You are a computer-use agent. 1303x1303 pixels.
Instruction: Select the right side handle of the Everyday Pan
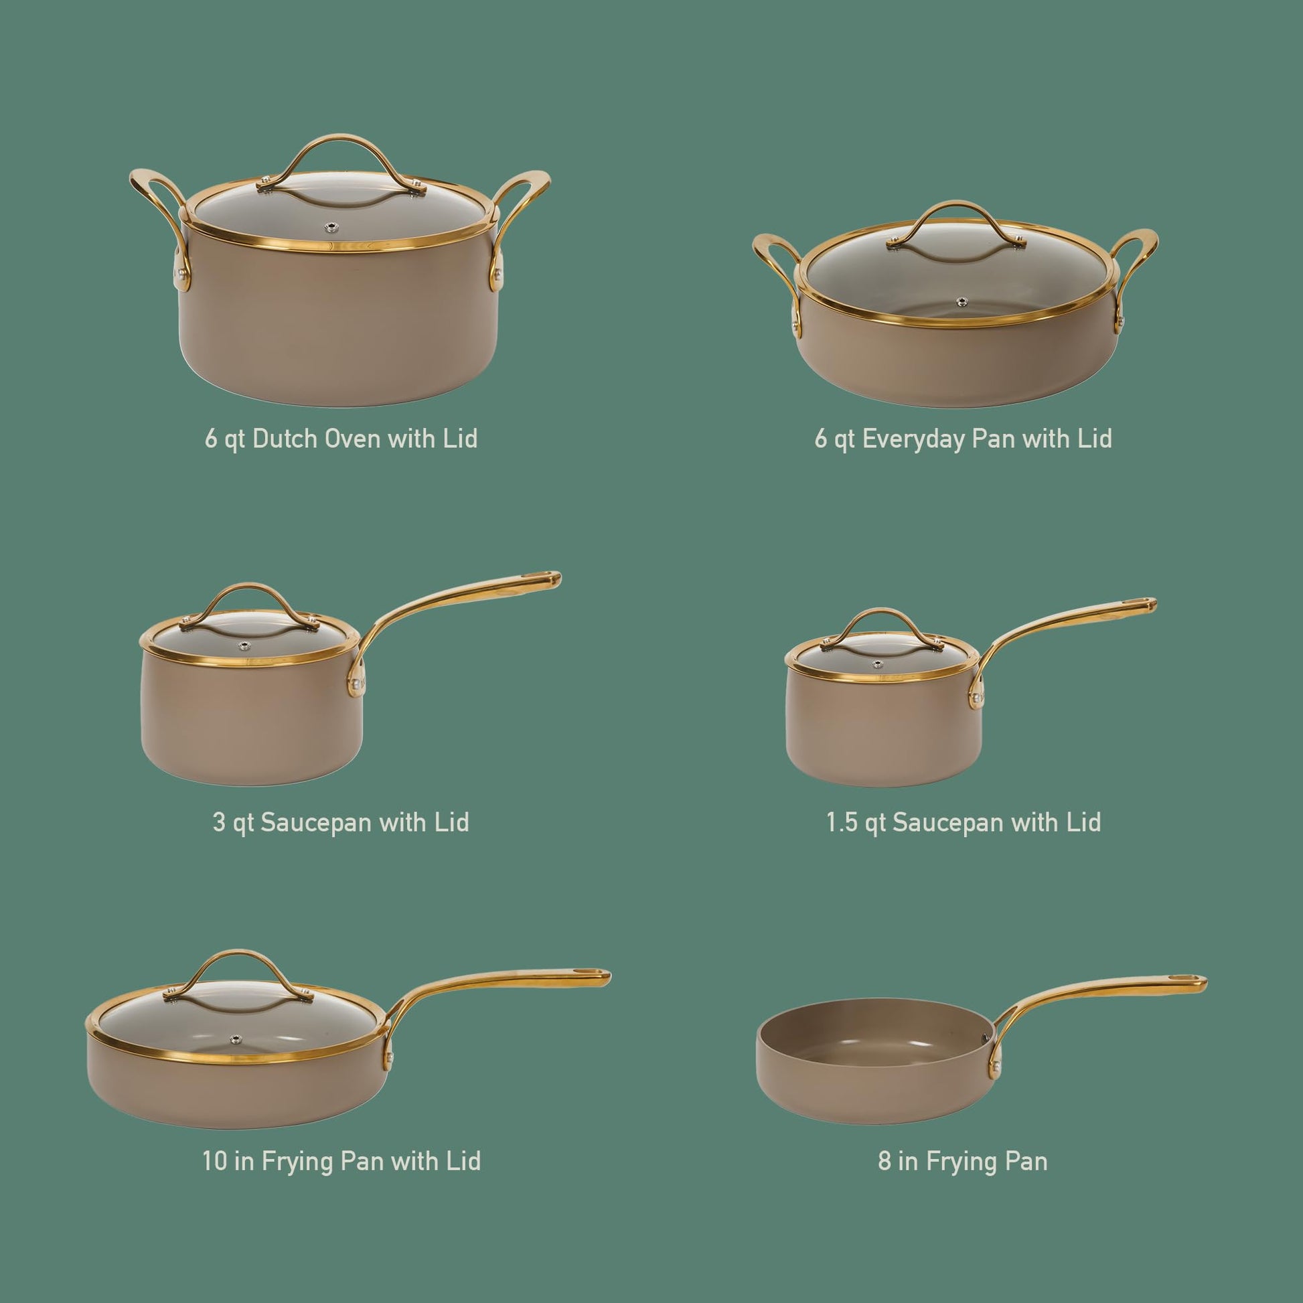point(1136,270)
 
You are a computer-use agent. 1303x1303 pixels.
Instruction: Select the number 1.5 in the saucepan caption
point(842,823)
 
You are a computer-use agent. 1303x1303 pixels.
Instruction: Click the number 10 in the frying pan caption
point(215,1161)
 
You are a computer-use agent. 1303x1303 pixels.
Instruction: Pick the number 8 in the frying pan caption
point(884,1161)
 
